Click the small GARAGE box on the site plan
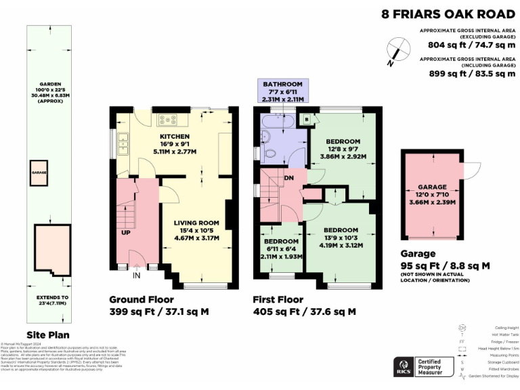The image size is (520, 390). click(38, 173)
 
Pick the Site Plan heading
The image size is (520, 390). click(47, 334)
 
